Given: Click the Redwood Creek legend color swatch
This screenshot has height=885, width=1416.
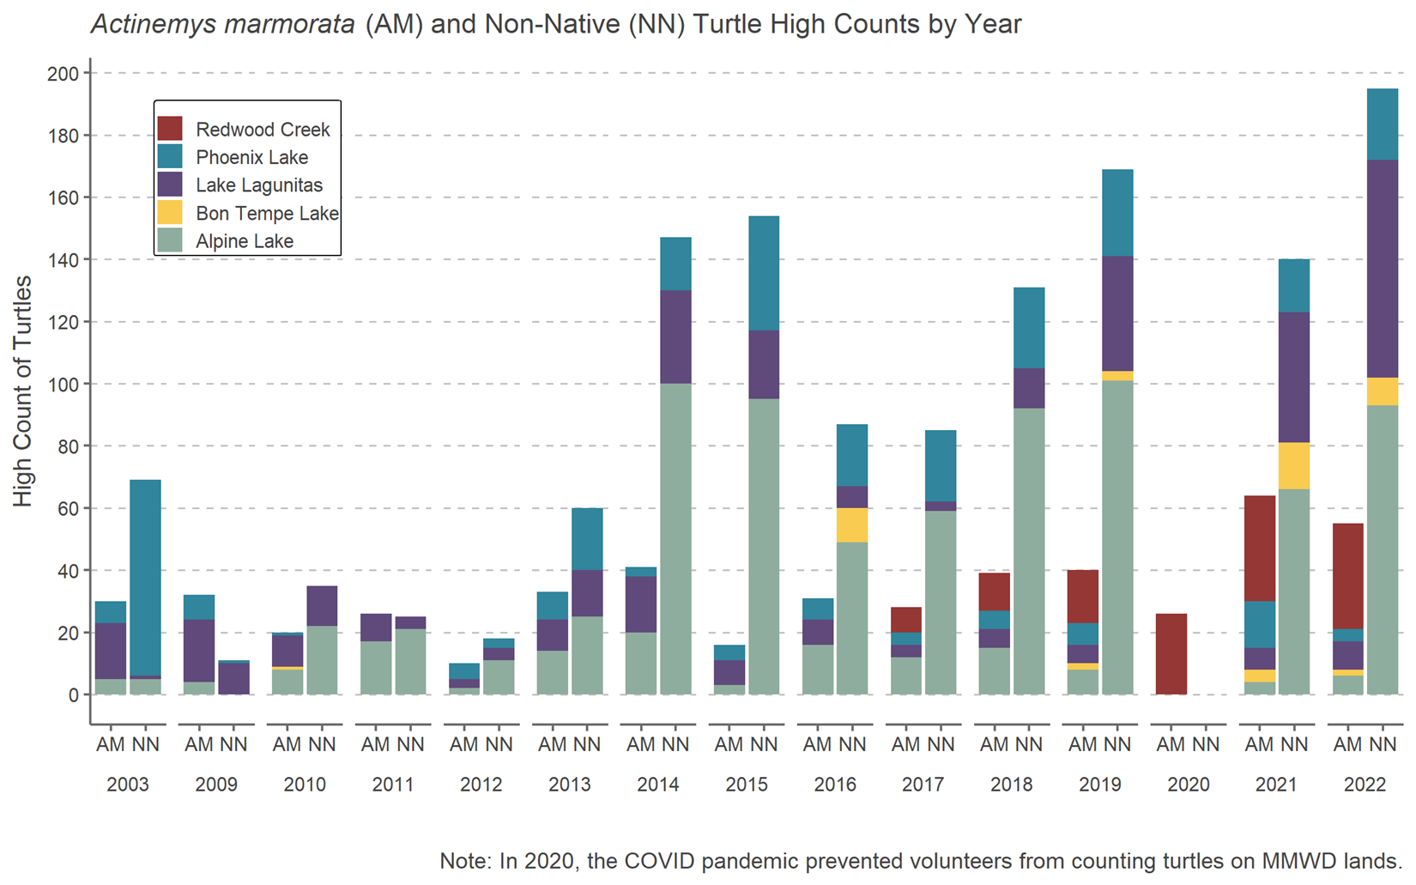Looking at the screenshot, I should click(x=170, y=129).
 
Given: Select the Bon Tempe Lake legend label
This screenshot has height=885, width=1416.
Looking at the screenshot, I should click(x=267, y=214).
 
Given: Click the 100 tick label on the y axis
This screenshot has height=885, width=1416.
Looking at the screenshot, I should click(x=63, y=385).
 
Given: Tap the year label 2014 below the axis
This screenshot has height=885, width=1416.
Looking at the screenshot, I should click(x=658, y=785).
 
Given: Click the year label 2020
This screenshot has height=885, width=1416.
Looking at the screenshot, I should click(x=1189, y=785).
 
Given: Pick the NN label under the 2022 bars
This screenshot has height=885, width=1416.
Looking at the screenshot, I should click(x=1383, y=745).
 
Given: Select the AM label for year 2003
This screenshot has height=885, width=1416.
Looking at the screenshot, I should click(x=111, y=745).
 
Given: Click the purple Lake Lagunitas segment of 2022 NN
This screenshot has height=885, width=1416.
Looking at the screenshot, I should click(x=1383, y=268).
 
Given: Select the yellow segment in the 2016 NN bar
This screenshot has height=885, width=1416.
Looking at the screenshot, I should click(x=852, y=524).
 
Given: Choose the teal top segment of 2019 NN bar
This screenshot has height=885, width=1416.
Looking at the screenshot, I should click(x=1117, y=212).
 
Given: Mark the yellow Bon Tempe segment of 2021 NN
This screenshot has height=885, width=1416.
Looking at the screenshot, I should click(x=1295, y=465).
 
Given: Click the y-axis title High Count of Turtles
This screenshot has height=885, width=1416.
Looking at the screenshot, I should click(x=23, y=391).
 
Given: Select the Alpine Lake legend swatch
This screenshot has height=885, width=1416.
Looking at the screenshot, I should click(x=170, y=241).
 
